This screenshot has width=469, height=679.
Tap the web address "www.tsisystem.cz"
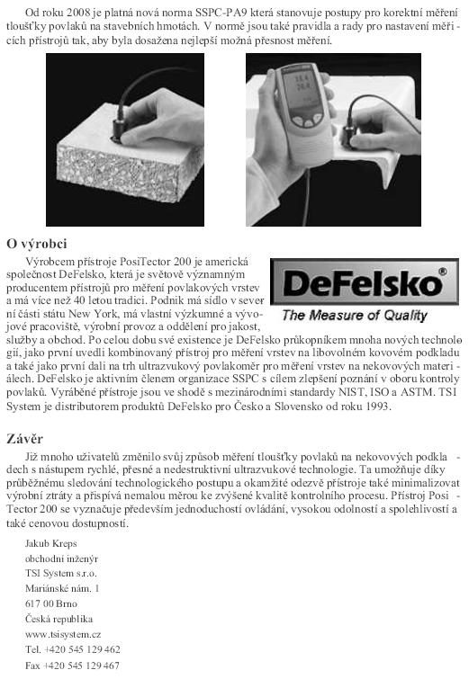pyautogui.click(x=62, y=633)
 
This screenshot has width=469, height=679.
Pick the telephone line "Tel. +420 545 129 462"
pyautogui.click(x=73, y=648)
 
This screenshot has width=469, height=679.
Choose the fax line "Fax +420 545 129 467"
pyautogui.click(x=73, y=665)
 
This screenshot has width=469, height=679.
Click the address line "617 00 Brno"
pyautogui.click(x=51, y=603)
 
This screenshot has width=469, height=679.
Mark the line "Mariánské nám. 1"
pyautogui.click(x=62, y=587)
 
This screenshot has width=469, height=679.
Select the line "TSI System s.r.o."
pyautogui.click(x=61, y=572)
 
